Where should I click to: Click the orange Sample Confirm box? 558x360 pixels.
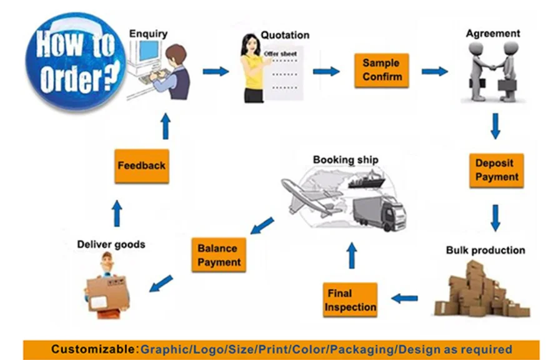pyautogui.click(x=381, y=71)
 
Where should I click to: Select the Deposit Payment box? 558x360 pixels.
pyautogui.click(x=496, y=170)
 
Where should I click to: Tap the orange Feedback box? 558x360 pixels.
pyautogui.click(x=141, y=166)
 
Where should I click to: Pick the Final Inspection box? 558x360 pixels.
pyautogui.click(x=350, y=300)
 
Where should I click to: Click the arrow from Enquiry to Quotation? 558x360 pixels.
pyautogui.click(x=215, y=71)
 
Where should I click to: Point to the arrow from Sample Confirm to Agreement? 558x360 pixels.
pyautogui.click(x=434, y=71)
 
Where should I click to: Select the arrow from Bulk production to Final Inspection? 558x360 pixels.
pyautogui.click(x=404, y=298)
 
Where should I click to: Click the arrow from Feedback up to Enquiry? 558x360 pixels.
pyautogui.click(x=165, y=127)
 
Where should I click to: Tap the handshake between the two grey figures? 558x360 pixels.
pyautogui.click(x=494, y=67)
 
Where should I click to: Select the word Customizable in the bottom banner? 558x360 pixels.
pyautogui.click(x=94, y=349)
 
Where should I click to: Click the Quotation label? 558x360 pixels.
pyautogui.click(x=285, y=35)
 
